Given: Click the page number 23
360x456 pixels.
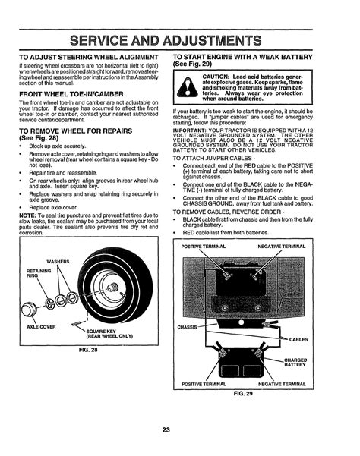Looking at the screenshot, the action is click(166, 430).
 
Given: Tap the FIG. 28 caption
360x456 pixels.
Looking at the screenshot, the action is click(88, 350).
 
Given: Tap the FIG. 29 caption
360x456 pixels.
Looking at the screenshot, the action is click(243, 394).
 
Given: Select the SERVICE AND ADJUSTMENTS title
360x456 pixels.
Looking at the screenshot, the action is click(166, 40).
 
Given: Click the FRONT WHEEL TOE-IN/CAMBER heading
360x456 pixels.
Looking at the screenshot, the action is click(71, 94).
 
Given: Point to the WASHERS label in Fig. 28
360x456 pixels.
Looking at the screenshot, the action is click(58, 262).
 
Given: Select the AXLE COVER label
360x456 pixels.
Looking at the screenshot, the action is click(41, 327).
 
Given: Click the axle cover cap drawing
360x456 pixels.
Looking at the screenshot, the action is click(29, 310).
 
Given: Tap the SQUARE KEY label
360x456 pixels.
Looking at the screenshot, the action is click(109, 334).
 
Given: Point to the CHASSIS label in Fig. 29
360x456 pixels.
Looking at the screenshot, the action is click(187, 327).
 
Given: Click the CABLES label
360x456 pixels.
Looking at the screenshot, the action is click(298, 339).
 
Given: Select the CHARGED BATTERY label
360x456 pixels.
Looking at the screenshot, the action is click(295, 363).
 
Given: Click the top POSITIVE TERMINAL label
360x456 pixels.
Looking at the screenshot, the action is click(204, 247).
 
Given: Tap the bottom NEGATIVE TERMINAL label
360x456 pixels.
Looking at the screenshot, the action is click(282, 384).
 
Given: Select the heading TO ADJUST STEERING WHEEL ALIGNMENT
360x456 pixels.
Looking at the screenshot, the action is click(89, 57).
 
